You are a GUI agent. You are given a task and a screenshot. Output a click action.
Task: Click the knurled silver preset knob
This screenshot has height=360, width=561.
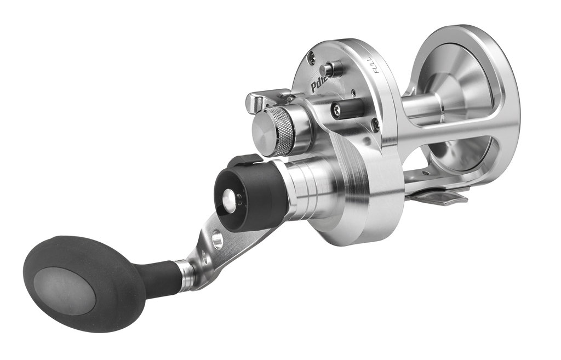(273, 130)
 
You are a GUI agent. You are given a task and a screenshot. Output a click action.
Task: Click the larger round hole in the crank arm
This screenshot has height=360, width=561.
(217, 239)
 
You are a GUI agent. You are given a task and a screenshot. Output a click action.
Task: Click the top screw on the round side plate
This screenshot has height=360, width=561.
(311, 56)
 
